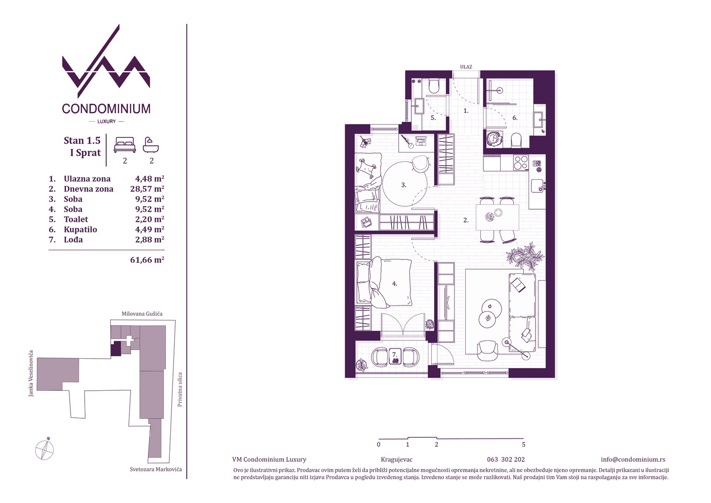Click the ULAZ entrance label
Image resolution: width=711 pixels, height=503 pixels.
pos(466,67)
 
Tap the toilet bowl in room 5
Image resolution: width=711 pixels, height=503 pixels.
pos(433,86)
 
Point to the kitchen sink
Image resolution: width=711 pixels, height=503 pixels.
pos(537,185)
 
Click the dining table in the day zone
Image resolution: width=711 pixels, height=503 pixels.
pos(497,218)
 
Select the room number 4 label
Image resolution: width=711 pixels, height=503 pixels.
pos(395,284)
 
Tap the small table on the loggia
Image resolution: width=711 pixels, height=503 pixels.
pos(395,356)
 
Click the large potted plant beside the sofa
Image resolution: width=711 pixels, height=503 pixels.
pos(525,257)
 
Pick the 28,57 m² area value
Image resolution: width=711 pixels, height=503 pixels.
pos(147,189)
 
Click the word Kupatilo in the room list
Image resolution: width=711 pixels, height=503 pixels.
pos(80,230)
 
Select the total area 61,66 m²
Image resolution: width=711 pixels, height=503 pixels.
pos(147,260)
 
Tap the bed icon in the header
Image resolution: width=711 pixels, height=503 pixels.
pos(125,144)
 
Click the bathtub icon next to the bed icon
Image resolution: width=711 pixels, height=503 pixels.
pos(151,145)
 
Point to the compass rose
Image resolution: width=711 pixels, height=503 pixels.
pos(45,449)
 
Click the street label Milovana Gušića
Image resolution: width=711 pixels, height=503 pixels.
pos(142,313)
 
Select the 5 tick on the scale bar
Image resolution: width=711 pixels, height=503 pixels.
pos(523,444)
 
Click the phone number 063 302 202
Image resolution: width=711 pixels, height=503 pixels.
pos(506,460)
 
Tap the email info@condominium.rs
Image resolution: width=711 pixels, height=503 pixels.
pos(633,460)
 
